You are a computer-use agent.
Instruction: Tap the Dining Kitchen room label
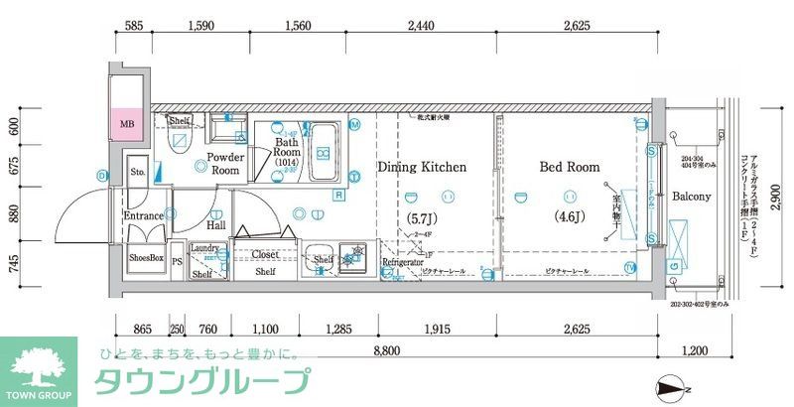tap(421, 168)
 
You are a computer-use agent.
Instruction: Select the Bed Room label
tap(570, 168)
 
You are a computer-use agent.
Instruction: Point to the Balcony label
tap(691, 197)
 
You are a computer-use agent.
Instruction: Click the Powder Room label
tap(226, 164)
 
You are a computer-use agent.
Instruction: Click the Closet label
tap(264, 254)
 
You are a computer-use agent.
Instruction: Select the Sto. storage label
tap(138, 172)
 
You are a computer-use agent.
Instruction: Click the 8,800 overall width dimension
tap(387, 349)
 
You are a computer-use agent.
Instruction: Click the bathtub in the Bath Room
tap(325, 152)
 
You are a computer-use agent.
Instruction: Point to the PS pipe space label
tap(177, 263)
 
